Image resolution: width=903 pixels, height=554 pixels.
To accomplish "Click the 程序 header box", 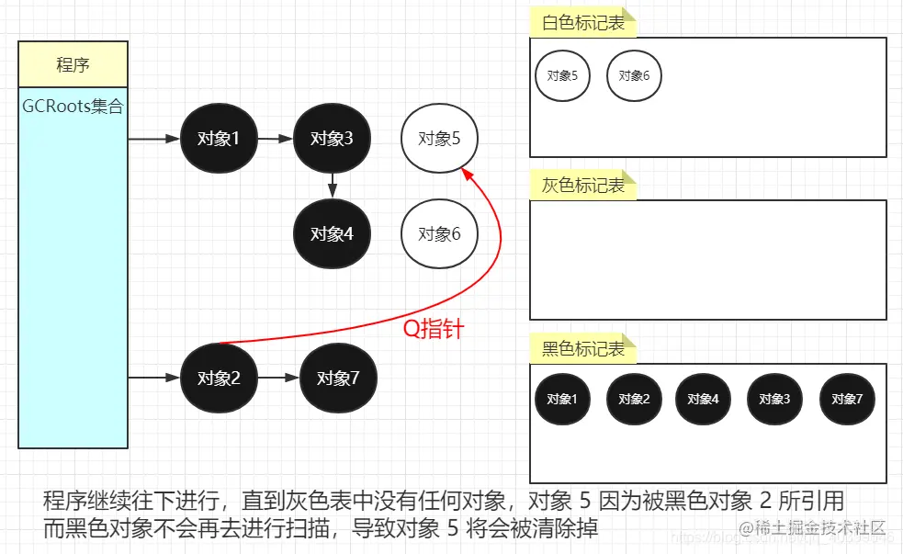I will [x=73, y=64].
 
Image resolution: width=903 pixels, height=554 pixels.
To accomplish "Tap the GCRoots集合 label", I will [x=73, y=107].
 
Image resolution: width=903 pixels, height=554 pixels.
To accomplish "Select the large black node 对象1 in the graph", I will [x=219, y=139].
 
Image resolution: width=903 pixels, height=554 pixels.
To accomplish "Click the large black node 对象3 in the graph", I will [x=332, y=139].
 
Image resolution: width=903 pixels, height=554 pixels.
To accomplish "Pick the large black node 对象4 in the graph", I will [x=332, y=233].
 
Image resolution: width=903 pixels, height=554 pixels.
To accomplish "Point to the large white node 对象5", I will [x=439, y=139].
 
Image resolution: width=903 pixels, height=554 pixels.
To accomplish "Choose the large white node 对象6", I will [x=439, y=233].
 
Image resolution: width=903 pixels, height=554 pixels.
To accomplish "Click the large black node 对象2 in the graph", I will [x=219, y=378].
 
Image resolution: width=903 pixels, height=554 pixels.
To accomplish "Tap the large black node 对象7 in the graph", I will [x=338, y=378].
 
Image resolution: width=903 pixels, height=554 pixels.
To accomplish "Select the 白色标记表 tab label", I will [x=583, y=23].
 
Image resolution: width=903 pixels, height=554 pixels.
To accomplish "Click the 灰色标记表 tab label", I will [x=583, y=186].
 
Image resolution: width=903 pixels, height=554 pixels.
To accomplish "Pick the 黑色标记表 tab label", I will [x=583, y=349].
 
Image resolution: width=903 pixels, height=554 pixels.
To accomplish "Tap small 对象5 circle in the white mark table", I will [x=562, y=75].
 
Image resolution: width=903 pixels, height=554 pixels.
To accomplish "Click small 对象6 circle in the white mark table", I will [x=634, y=75].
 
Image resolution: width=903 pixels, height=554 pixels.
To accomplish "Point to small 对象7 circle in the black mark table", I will [x=847, y=399].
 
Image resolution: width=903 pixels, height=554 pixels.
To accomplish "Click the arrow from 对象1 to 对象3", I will [x=275, y=139].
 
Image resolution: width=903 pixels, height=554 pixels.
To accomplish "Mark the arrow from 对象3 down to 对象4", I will [x=332, y=185].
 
